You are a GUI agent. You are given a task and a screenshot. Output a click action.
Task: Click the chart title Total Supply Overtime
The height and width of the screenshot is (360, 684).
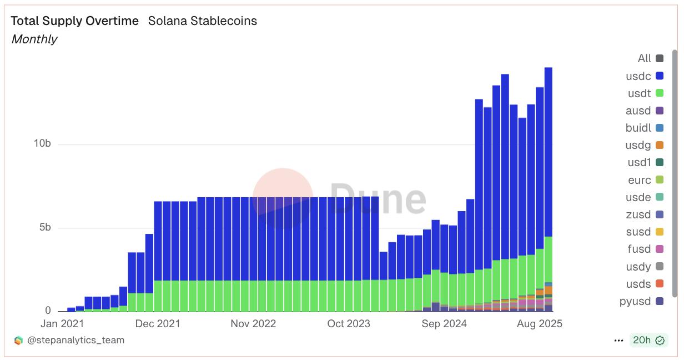coord(75,21)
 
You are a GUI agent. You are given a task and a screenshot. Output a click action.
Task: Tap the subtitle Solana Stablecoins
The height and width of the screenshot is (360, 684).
coord(202,21)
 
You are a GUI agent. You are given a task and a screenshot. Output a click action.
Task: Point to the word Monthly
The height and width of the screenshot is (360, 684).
coord(34,39)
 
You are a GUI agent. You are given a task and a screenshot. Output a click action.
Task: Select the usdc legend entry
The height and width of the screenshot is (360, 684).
coord(645,76)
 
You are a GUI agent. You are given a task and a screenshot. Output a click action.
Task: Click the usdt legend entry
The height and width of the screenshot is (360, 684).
coord(645,93)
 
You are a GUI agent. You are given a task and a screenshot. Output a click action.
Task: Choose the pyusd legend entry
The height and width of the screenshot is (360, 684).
coord(641,302)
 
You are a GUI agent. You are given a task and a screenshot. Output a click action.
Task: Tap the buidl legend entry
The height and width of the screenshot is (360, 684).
coord(644,128)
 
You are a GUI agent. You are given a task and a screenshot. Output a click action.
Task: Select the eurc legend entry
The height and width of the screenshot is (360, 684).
coord(645,180)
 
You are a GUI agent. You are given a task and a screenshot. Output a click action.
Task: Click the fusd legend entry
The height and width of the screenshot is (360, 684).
coord(645,249)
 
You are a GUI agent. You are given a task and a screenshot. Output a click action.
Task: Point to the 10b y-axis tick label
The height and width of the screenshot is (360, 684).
coord(42,144)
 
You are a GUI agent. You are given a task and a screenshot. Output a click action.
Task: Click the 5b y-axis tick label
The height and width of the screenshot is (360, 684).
coord(44,228)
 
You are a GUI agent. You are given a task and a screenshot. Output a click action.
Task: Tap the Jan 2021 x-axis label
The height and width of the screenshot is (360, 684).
coord(62,324)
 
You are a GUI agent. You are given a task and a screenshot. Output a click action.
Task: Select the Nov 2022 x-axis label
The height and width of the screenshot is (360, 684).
coord(253,324)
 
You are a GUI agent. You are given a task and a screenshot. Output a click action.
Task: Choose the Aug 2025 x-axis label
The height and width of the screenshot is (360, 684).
coord(539,324)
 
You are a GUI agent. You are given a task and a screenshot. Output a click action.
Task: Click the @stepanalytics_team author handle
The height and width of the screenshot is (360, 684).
coord(76,340)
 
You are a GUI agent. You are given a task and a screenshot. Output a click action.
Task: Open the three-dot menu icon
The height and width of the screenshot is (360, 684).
coord(618,341)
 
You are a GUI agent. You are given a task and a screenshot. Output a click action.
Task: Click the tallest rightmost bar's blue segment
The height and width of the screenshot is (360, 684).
coord(548,150)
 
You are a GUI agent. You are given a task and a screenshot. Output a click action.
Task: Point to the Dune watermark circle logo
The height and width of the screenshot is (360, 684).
coord(283,197)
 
